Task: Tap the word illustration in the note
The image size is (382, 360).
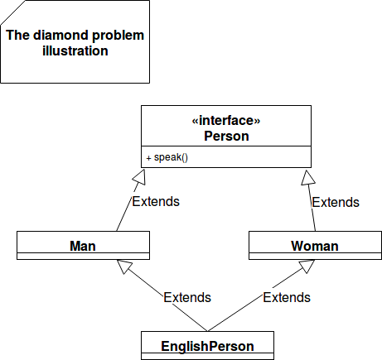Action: coord(75,51)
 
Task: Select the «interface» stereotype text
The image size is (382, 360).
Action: coord(226,121)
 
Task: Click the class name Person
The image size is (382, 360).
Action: coord(226,136)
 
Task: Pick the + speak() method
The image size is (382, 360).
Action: coord(167,157)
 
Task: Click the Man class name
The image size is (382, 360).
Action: coord(83,246)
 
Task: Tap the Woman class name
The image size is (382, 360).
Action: coord(315,246)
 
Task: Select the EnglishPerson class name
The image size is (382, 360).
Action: coord(207,346)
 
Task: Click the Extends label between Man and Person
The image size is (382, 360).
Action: coord(156,201)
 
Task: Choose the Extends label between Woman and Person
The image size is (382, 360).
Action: coord(336,202)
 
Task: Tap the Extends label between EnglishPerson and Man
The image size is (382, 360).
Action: coord(187,297)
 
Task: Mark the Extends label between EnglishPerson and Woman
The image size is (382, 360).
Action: coord(287,297)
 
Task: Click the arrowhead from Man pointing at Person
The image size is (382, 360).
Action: coord(139,177)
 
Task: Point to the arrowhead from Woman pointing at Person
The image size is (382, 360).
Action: coord(307,178)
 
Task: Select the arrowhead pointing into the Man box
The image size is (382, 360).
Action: coord(124,266)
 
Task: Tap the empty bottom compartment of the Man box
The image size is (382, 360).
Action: coord(83,256)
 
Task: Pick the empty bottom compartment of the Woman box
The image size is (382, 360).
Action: coord(315,256)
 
